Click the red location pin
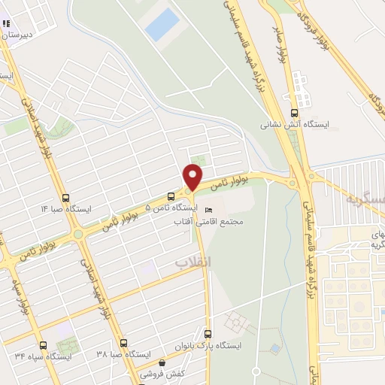pyautogui.click(x=193, y=177)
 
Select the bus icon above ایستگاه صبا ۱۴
pyautogui.click(x=65, y=197)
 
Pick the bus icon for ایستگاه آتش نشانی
pyautogui.click(x=286, y=96)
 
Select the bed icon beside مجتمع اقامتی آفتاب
pyautogui.click(x=209, y=210)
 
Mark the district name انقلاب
pyautogui.click(x=194, y=262)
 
